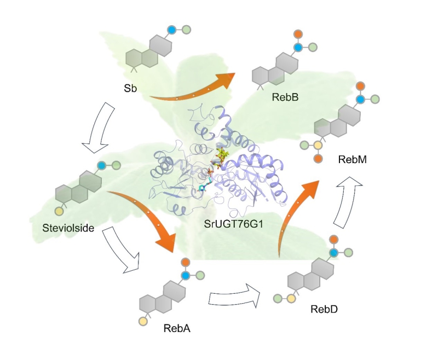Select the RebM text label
352,159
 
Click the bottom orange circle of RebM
318,159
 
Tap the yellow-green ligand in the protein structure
222,155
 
